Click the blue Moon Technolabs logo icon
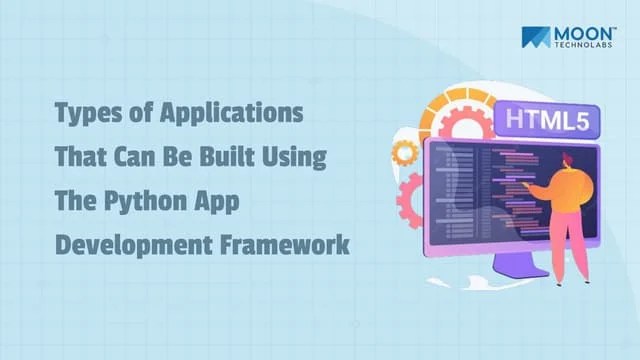tap(535, 38)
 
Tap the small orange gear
tap(405, 152)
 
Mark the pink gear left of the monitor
tap(411, 201)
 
